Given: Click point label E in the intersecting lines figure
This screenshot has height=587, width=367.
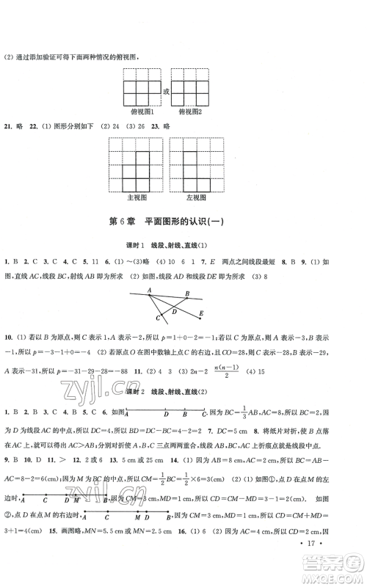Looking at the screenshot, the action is (x=201, y=314).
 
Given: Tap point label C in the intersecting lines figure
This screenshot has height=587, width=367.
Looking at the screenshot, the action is (x=158, y=319).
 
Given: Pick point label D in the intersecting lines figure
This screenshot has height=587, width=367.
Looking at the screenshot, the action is (x=173, y=311).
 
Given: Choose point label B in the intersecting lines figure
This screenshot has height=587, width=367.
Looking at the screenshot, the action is (x=186, y=293).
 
